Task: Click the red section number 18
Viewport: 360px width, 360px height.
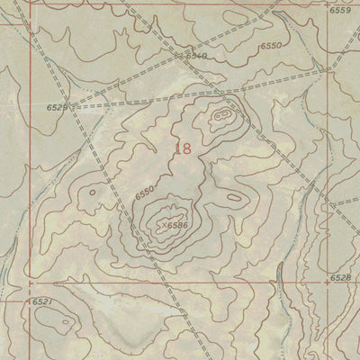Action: pos(183,149)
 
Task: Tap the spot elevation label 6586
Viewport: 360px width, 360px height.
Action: pos(176,225)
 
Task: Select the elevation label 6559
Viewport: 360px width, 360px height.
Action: pos(339,11)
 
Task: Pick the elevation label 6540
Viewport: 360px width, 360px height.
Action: pos(197,56)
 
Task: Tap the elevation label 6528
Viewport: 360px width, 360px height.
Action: pos(339,279)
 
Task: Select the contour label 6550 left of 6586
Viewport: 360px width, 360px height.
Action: pos(144,191)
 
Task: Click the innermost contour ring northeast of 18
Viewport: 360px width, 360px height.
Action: pos(220,116)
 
